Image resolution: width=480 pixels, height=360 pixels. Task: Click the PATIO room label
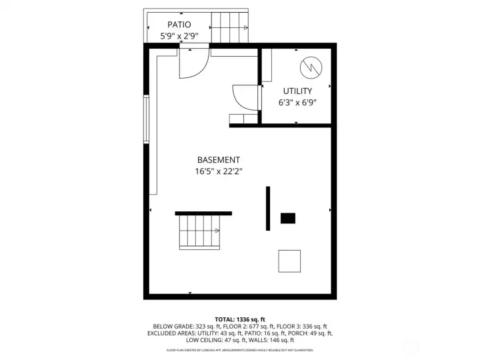pyautogui.click(x=179, y=25)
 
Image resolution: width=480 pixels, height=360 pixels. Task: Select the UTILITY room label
pyautogui.click(x=297, y=91)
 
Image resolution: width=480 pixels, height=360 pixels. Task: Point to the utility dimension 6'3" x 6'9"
pyautogui.click(x=297, y=103)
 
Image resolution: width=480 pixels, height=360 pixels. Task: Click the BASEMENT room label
pyautogui.click(x=218, y=160)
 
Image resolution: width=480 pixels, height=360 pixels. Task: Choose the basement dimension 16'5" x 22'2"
pyautogui.click(x=218, y=171)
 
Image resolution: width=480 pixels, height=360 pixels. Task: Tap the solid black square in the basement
pyautogui.click(x=288, y=218)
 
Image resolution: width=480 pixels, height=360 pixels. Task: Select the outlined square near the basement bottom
pyautogui.click(x=289, y=261)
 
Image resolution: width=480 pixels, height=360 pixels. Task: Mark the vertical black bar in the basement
pyautogui.click(x=268, y=208)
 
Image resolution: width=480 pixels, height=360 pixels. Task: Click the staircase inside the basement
pyautogui.click(x=199, y=231)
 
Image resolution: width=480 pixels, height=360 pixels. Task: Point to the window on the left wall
pyautogui.click(x=146, y=118)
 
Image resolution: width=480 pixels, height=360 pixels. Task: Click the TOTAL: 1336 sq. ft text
pyautogui.click(x=240, y=319)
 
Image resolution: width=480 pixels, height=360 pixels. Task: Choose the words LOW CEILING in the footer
pyautogui.click(x=205, y=339)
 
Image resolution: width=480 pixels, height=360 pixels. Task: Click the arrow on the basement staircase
pyautogui.click(x=217, y=231)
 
